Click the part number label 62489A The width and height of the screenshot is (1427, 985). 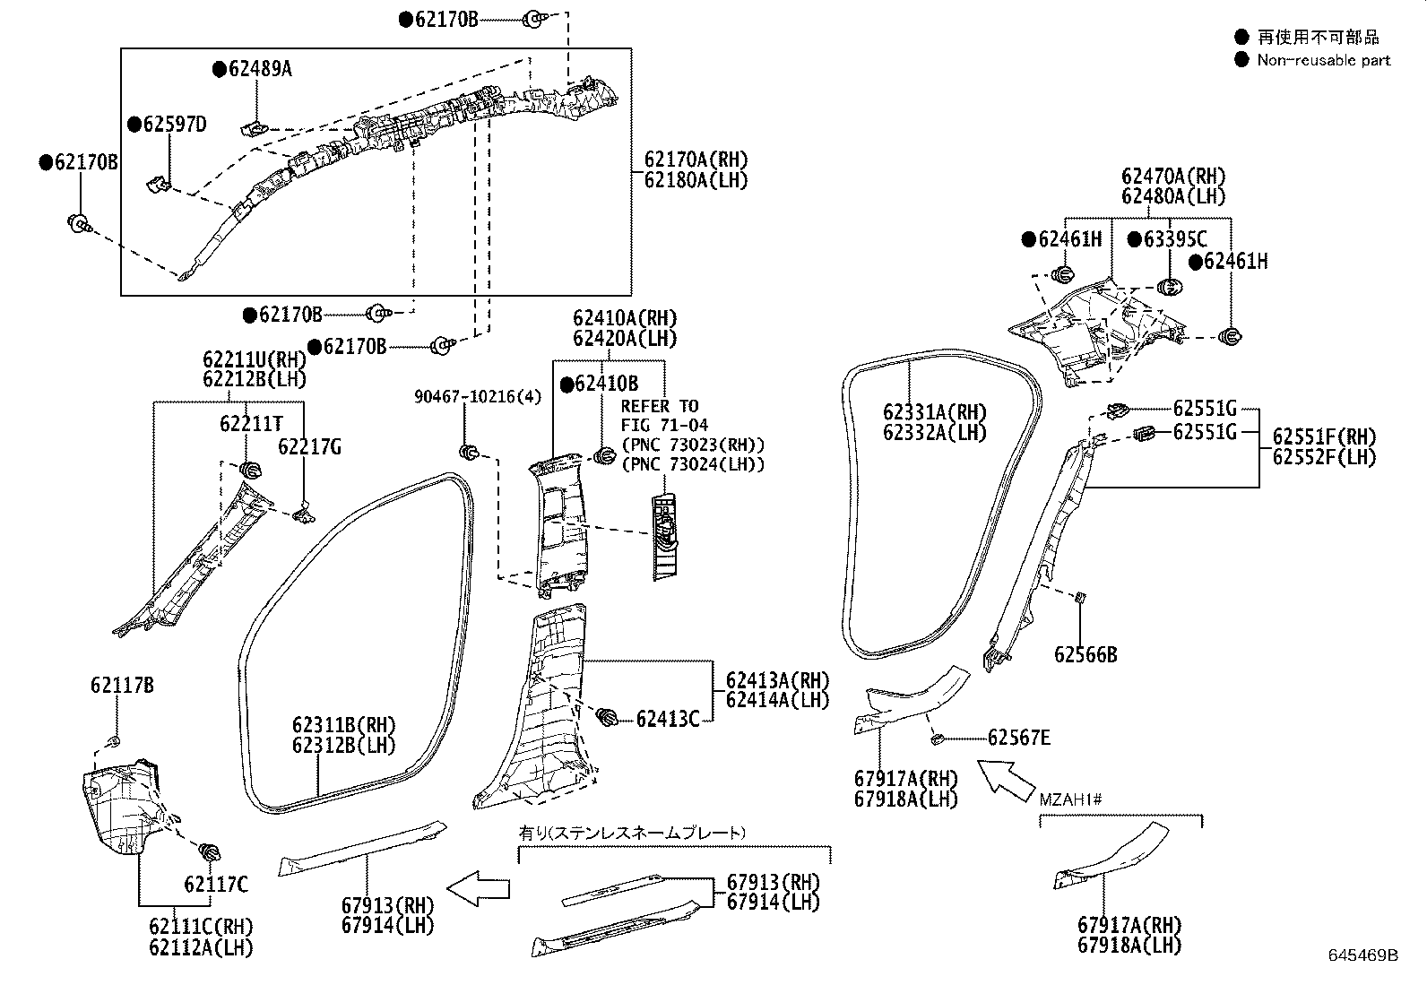(260, 69)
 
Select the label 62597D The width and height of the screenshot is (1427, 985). (175, 125)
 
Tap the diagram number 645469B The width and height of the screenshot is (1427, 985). (1363, 955)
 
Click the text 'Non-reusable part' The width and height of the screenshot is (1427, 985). (1324, 61)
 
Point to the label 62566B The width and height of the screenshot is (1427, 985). (1085, 654)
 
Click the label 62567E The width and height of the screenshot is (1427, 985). (1019, 738)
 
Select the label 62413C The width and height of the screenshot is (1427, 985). (668, 720)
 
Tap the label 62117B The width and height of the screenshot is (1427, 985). (122, 686)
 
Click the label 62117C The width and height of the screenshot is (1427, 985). (216, 885)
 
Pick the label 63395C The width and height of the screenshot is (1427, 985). (1175, 239)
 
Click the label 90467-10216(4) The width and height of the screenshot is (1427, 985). (478, 397)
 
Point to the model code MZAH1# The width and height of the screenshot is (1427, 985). (1070, 799)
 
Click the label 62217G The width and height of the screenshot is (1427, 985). (309, 447)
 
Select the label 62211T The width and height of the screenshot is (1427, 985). (251, 424)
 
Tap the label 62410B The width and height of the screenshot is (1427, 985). (607, 384)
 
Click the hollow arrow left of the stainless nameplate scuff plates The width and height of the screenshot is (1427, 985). (479, 888)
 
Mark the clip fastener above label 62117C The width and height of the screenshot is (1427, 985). (210, 851)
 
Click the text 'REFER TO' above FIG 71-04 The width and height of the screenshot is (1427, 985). (660, 407)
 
